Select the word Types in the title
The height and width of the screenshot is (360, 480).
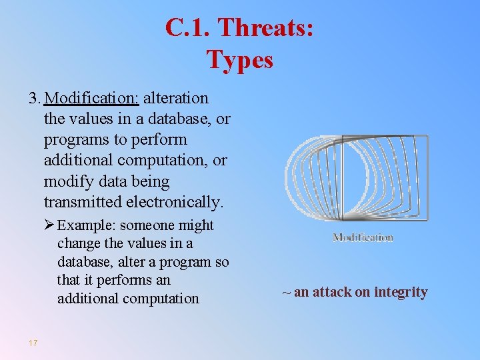pyautogui.click(x=240, y=59)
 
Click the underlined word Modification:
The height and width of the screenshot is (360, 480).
pyautogui.click(x=91, y=98)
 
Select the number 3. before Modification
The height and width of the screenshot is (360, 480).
pyautogui.click(x=35, y=98)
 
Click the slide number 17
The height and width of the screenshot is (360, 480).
pyautogui.click(x=33, y=343)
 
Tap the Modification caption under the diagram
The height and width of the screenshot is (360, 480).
pyautogui.click(x=363, y=237)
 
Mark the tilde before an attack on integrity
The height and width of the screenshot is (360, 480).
pyautogui.click(x=286, y=293)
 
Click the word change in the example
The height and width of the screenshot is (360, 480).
pyautogui.click(x=77, y=243)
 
